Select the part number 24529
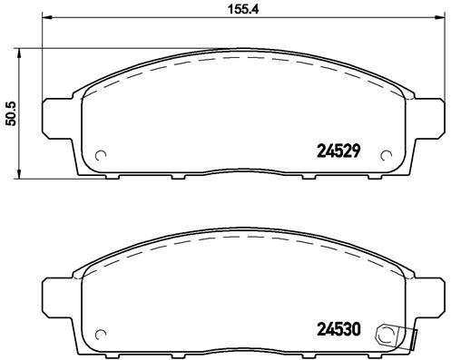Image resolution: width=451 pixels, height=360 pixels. (x=338, y=152)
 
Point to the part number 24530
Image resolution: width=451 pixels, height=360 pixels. (x=338, y=329)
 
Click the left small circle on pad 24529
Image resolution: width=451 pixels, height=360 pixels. (x=101, y=153)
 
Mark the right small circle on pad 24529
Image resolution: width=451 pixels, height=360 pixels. (x=387, y=153)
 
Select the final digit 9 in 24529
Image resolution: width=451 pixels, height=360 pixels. (x=358, y=152)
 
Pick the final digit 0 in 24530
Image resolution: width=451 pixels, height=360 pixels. (x=358, y=329)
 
